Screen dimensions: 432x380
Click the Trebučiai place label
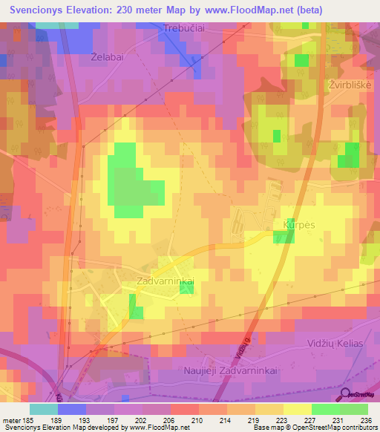click(182, 30)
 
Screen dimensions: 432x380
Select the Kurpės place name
click(299, 223)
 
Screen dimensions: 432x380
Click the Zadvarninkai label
click(166, 282)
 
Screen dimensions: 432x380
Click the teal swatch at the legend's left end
click(44, 409)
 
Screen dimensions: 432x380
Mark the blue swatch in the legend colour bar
click(72, 409)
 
